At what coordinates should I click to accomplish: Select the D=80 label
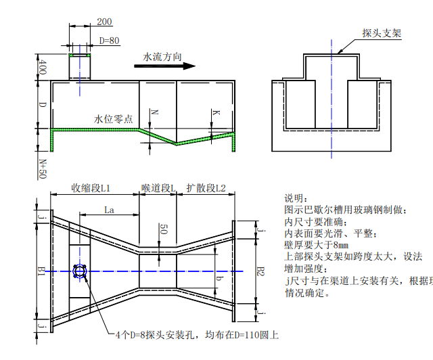[x=109, y=41]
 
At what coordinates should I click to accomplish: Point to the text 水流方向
[x=162, y=58]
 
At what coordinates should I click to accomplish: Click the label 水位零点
[x=113, y=119]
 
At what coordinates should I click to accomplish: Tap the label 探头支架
[x=382, y=32]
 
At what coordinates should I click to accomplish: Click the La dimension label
[x=108, y=210]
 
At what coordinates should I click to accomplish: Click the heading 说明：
[x=296, y=198]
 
